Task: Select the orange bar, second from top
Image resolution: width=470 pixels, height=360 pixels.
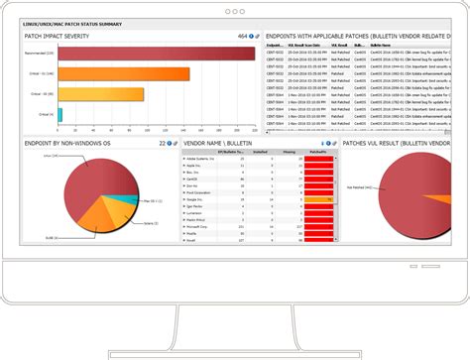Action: click(124, 73)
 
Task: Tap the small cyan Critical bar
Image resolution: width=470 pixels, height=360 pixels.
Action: click(60, 114)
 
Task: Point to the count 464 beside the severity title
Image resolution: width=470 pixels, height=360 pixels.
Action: click(242, 36)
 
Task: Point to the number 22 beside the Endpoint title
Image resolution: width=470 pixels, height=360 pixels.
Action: click(163, 144)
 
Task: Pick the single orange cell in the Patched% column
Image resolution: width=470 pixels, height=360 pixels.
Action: click(318, 198)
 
